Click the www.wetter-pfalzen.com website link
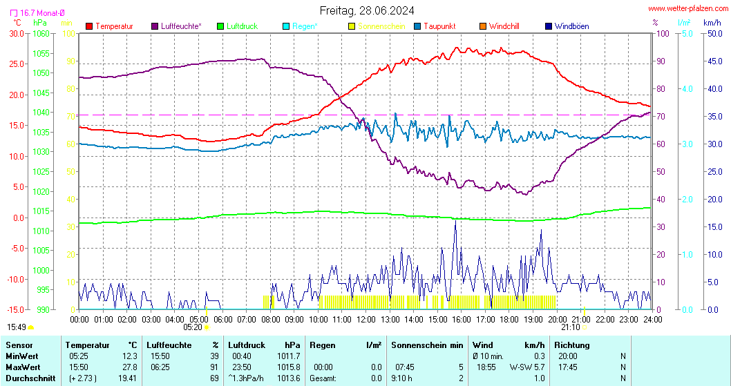coord(687,8)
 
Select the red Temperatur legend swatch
coord(89,26)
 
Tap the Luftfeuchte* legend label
coord(181,26)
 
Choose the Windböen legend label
coord(572,26)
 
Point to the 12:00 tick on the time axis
coord(365,319)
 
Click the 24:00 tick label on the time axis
coord(652,319)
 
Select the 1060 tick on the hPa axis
coord(41,33)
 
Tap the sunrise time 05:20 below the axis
coord(192,327)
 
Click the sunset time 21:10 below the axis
coord(570,327)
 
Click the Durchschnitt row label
coord(29,378)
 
